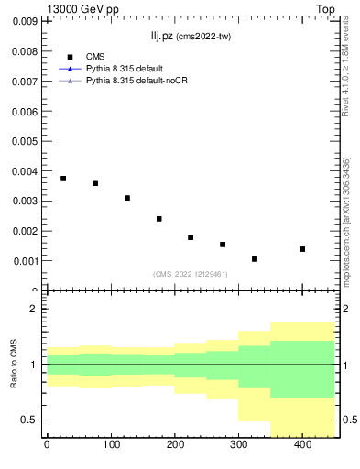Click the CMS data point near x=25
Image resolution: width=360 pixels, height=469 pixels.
click(x=63, y=179)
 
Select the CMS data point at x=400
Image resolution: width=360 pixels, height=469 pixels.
click(x=302, y=249)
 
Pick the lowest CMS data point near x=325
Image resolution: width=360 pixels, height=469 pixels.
click(x=255, y=259)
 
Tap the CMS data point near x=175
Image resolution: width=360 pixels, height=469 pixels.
click(x=159, y=219)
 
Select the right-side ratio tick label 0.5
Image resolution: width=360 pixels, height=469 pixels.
click(x=349, y=420)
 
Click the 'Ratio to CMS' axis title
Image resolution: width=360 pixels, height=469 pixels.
click(x=14, y=365)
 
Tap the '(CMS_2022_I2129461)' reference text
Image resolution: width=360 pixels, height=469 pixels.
click(x=191, y=274)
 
